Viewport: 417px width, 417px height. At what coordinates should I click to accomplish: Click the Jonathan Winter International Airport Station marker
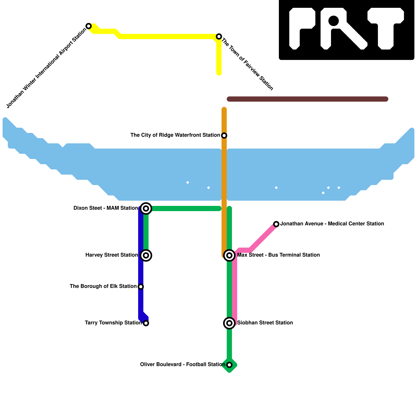(x=89, y=26)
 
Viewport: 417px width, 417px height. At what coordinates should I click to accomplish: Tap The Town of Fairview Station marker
(x=219, y=36)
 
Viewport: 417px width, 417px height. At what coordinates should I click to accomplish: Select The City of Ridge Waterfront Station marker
(x=224, y=136)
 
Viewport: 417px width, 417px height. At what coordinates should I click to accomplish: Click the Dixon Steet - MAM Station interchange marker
(x=146, y=208)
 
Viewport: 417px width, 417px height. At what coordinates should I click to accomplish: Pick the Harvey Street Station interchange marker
(x=146, y=255)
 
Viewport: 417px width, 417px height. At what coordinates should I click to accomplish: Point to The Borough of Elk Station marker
(x=141, y=287)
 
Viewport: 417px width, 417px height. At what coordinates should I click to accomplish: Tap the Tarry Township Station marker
(x=146, y=323)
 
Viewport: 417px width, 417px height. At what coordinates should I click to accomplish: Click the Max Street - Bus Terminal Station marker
(x=229, y=255)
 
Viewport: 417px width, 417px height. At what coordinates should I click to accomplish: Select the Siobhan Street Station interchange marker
(x=229, y=323)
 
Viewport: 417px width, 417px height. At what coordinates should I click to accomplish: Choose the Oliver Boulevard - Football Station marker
(x=229, y=365)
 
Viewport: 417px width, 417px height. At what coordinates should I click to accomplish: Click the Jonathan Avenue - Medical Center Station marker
(x=276, y=224)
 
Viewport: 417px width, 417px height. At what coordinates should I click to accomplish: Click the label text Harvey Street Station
(x=112, y=255)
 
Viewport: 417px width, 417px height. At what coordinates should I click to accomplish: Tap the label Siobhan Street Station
(x=265, y=323)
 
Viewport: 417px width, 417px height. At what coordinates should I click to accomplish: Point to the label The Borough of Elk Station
(x=103, y=286)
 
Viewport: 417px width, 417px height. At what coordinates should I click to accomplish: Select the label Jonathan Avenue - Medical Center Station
(x=332, y=224)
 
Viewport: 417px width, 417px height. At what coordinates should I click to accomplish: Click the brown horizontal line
(x=308, y=99)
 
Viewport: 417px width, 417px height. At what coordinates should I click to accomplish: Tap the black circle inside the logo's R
(x=334, y=21)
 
